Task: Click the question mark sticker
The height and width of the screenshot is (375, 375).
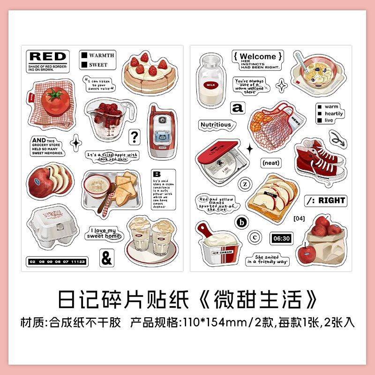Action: [135, 137]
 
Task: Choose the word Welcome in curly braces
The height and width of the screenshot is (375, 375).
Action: [258, 57]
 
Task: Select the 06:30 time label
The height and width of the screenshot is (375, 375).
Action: [281, 239]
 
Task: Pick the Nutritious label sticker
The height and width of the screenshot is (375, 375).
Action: [216, 125]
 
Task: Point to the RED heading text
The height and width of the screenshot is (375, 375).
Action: [47, 57]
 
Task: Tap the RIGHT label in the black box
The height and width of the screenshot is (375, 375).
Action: [339, 200]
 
